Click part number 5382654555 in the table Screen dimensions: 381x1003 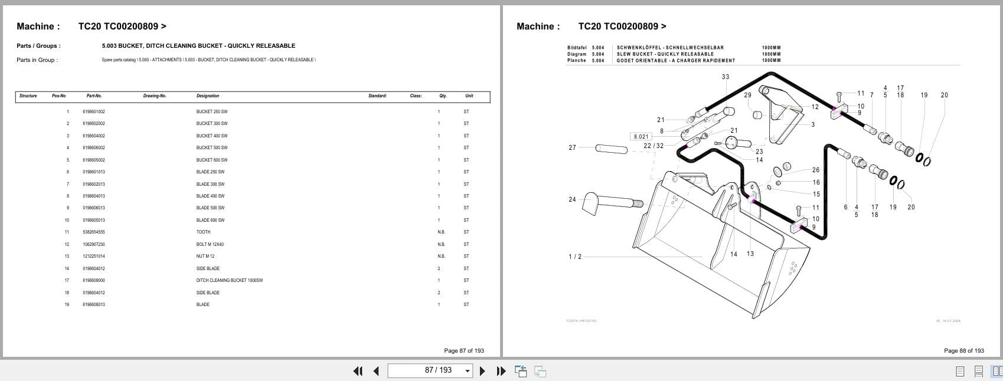tap(93, 232)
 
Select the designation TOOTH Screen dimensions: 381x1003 tap(203, 232)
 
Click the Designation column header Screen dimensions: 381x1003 tap(207, 96)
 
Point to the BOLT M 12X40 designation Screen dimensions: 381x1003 tap(210, 244)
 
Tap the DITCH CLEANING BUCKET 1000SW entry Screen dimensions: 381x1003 tap(229, 280)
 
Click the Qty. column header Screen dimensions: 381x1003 tap(443, 96)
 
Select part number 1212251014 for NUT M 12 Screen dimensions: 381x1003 tap(93, 256)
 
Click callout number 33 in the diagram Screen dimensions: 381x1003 tap(725, 77)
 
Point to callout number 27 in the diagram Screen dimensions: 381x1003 tap(572, 147)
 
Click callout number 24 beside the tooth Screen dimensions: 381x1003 tap(572, 199)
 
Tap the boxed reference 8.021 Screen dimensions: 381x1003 tap(641, 136)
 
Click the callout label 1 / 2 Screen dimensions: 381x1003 tap(574, 257)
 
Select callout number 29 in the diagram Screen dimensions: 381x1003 tap(747, 95)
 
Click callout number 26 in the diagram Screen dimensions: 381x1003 tap(815, 170)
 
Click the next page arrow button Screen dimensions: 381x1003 tap(482, 370)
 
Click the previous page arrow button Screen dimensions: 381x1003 tap(376, 370)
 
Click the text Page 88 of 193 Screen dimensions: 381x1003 tap(963, 350)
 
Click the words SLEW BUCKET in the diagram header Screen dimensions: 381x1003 tap(636, 54)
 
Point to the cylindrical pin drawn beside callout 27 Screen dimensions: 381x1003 tap(611, 148)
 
